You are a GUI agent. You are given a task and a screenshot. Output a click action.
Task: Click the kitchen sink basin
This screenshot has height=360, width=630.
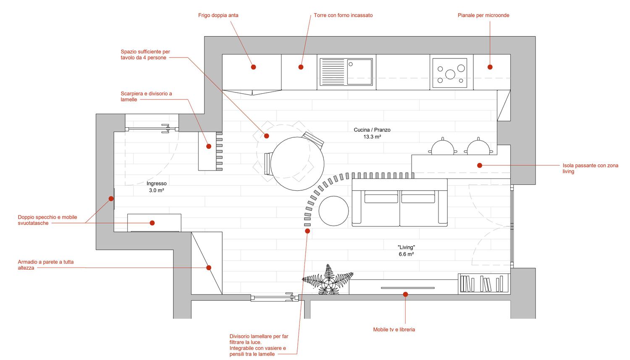tap(360, 71)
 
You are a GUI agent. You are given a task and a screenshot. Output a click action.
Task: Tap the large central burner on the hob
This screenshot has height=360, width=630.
tap(450, 74)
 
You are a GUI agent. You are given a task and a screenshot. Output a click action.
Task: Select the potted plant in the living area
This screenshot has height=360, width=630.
tap(328, 280)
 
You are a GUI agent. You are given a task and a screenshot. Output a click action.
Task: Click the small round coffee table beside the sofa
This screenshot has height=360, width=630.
tap(333, 210)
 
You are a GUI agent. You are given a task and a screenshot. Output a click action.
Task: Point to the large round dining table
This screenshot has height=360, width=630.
tap(297, 164)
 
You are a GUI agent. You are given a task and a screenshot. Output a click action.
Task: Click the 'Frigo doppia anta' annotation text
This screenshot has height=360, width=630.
tap(218, 15)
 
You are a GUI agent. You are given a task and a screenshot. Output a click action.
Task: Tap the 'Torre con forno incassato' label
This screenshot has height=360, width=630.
tap(343, 15)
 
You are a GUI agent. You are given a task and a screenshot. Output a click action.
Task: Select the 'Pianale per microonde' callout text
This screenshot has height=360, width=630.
tap(483, 15)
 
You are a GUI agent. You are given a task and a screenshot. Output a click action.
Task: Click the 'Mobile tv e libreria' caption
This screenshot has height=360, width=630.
tap(394, 329)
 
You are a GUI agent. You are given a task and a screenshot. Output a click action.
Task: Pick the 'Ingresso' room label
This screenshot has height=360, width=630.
tap(156, 184)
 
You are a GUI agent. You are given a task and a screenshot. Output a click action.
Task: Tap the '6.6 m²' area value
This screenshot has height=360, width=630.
tap(406, 254)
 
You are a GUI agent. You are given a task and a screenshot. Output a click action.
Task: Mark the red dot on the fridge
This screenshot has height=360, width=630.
tap(253, 67)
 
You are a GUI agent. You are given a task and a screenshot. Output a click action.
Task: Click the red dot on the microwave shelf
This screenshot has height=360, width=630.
tap(490, 67)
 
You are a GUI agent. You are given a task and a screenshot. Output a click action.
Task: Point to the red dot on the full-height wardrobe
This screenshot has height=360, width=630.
tap(209, 268)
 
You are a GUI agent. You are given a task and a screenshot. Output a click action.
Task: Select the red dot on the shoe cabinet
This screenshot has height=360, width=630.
tap(209, 146)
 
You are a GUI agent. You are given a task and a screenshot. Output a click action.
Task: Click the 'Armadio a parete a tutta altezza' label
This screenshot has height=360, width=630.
tap(45, 265)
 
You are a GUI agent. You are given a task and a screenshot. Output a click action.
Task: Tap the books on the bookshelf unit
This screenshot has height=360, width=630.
tap(481, 284)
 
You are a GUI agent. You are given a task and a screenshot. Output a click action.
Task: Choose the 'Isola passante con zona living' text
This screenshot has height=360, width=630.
tap(591, 168)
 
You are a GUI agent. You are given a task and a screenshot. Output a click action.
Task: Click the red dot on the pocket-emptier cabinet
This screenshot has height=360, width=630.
tap(152, 223)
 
